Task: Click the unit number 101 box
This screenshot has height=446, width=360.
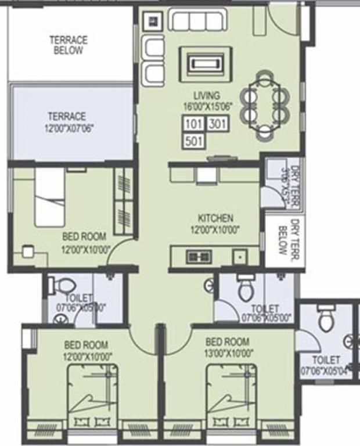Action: [193, 124]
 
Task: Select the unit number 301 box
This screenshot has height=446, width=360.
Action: [217, 124]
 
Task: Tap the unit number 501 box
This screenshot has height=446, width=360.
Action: [193, 141]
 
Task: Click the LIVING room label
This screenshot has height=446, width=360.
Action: [207, 96]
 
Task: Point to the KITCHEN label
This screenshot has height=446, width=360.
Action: [215, 218]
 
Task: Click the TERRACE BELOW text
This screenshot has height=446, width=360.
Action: [69, 45]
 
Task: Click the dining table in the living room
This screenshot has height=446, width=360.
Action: [265, 105]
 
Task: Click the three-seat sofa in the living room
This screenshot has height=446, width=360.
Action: [197, 20]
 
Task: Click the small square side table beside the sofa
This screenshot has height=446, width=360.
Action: [154, 21]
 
